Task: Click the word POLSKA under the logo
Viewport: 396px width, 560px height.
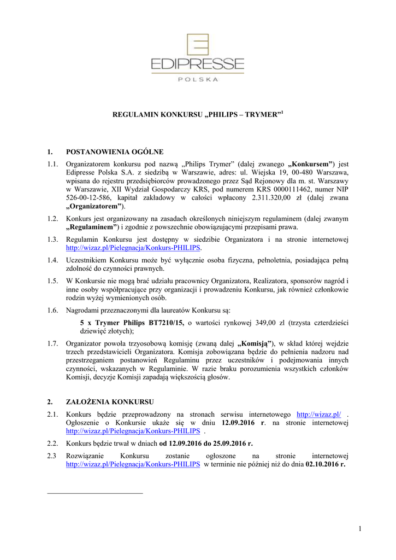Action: (198, 79)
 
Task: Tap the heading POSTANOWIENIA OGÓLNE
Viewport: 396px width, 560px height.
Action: (114, 151)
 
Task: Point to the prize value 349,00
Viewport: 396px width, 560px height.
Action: (276, 323)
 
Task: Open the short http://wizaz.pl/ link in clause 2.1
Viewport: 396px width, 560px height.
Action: (318, 415)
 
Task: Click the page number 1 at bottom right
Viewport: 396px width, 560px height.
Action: (360, 528)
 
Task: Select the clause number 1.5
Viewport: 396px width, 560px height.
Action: (52, 281)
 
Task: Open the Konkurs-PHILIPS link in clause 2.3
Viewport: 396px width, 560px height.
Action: (133, 464)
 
